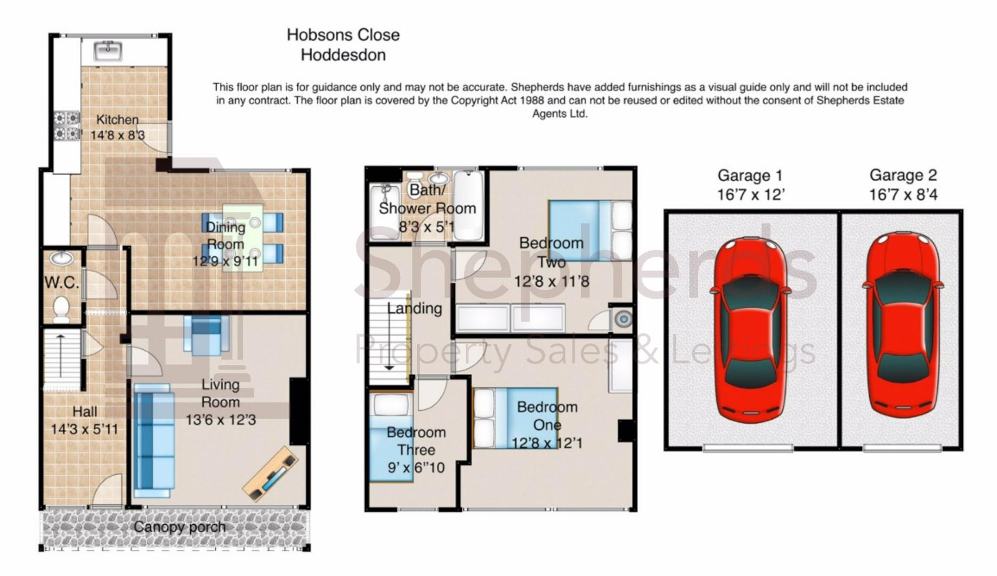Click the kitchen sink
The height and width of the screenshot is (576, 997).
tap(108, 51)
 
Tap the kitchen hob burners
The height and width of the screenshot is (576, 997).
tap(67, 126)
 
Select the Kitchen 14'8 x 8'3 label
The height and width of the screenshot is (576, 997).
tap(117, 127)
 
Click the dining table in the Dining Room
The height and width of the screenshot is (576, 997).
tap(243, 238)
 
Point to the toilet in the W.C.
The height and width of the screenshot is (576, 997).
tap(61, 309)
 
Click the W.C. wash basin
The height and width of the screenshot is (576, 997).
tap(62, 259)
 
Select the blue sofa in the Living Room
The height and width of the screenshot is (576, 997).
tap(154, 441)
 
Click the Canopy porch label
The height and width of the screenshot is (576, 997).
tap(180, 527)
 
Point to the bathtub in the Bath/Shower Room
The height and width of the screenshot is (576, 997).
tap(468, 206)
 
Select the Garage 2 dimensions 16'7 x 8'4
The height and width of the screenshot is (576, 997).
tap(903, 195)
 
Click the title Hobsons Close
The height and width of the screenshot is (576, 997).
tap(343, 35)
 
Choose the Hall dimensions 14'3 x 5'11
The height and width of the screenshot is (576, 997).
tap(84, 429)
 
